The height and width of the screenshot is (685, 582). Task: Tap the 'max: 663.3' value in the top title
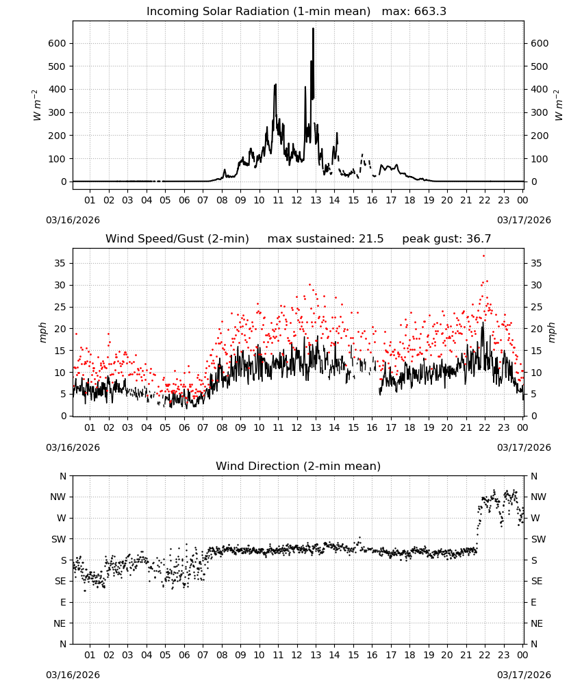[414, 12]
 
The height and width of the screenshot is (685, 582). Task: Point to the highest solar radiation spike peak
[313, 29]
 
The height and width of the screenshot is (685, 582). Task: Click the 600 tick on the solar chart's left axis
[57, 43]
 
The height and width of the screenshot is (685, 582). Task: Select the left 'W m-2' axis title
[37, 105]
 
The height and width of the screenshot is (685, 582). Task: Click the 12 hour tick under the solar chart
[297, 200]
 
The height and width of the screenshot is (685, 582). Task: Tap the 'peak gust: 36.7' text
[446, 239]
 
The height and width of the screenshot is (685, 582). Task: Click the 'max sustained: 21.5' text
[325, 239]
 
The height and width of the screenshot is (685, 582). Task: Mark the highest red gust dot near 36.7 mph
[483, 256]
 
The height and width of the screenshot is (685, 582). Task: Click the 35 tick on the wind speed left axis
[60, 263]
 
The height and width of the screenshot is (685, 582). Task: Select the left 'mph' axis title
[42, 332]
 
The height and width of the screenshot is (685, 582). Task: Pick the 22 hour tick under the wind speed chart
[485, 427]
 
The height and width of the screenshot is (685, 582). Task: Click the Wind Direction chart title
[299, 466]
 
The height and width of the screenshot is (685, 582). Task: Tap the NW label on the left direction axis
[58, 497]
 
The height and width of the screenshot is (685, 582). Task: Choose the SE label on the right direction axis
[537, 581]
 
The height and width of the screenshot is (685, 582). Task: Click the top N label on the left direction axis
[63, 476]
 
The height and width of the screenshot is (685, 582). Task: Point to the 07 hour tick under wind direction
[203, 655]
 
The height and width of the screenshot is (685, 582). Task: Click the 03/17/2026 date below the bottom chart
[524, 675]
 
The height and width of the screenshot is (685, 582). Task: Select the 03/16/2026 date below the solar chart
[73, 220]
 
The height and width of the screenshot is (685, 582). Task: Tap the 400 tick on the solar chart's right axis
[540, 89]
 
